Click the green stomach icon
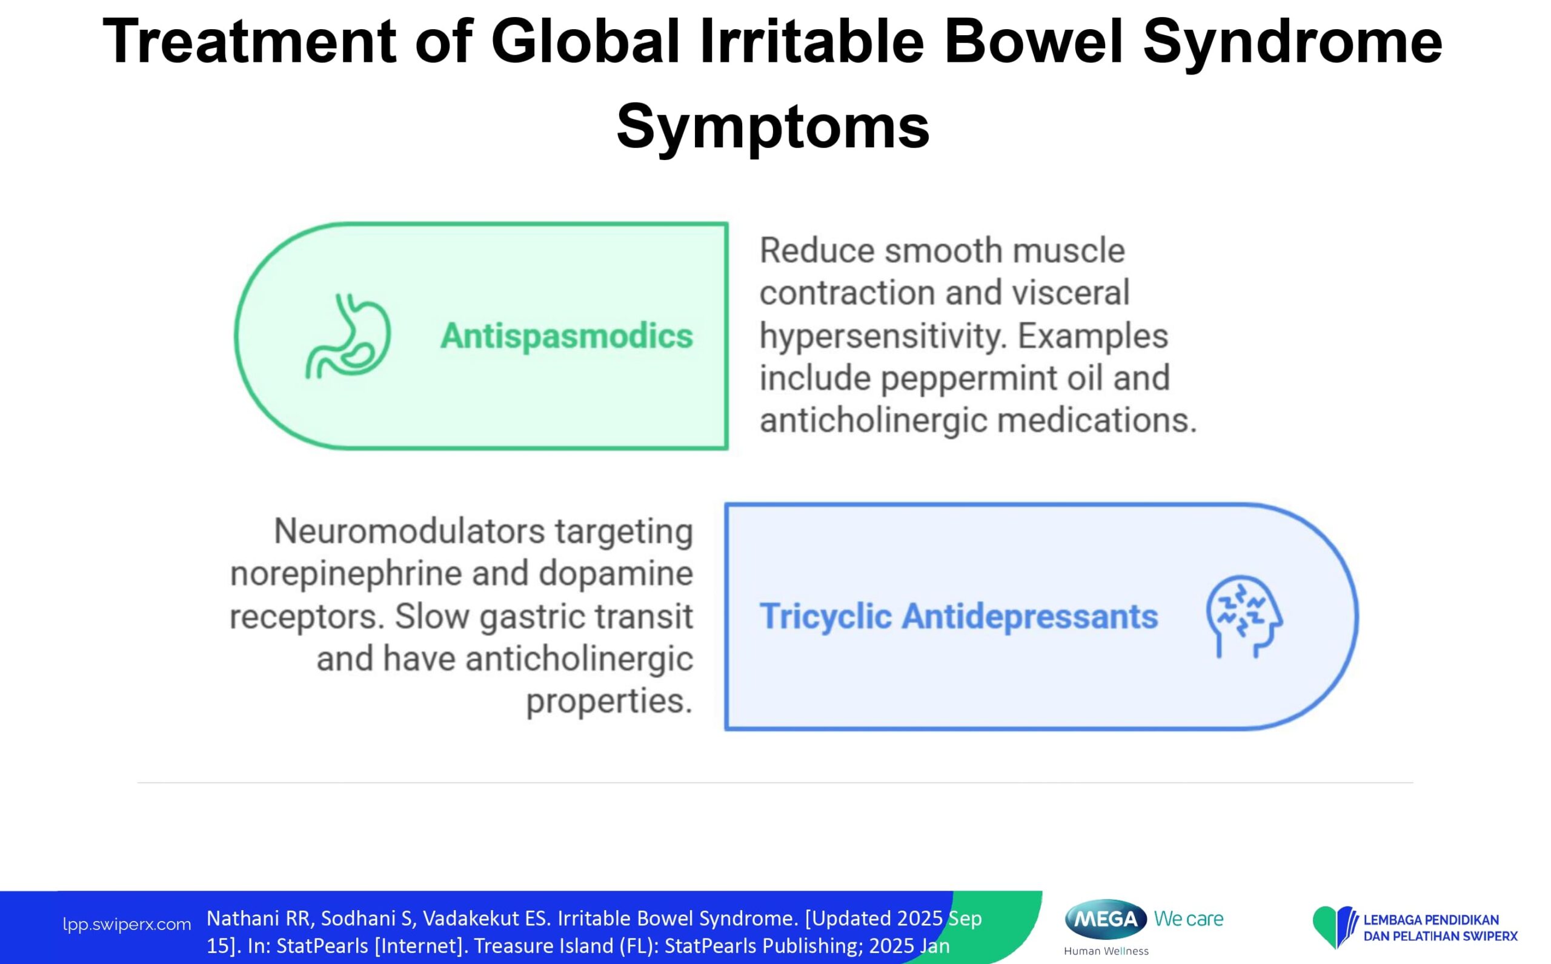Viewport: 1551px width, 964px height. click(x=348, y=336)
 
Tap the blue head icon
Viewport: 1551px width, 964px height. click(x=1244, y=617)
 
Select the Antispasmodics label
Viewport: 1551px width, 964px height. click(x=566, y=336)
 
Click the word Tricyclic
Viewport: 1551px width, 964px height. click(x=826, y=617)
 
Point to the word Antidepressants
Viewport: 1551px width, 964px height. click(x=1030, y=617)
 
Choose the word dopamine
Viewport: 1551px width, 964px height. click(x=616, y=574)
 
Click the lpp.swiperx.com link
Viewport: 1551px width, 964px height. click(x=127, y=925)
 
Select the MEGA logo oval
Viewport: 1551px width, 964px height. click(x=1106, y=919)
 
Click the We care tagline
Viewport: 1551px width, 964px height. click(x=1189, y=919)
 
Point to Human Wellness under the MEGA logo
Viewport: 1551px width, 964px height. click(x=1106, y=951)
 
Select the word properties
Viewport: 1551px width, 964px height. click(x=609, y=701)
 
